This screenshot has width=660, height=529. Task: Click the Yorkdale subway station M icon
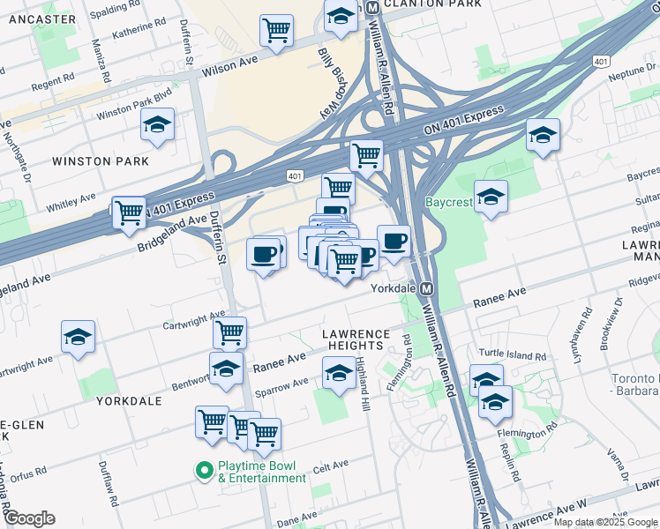pos(427,288)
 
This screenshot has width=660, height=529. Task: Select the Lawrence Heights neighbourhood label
pos(355,340)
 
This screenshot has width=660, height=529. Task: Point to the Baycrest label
pos(450,202)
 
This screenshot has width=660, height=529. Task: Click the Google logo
pos(29,518)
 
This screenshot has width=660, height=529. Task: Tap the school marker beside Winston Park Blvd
pos(158,126)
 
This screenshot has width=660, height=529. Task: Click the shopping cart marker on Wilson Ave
pos(276,31)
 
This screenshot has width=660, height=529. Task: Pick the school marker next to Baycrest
pos(491,197)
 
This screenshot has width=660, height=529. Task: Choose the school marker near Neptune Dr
pos(543,136)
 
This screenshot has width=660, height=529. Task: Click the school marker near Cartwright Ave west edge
pos(78,338)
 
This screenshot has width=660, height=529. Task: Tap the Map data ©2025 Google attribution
pos(605,522)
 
